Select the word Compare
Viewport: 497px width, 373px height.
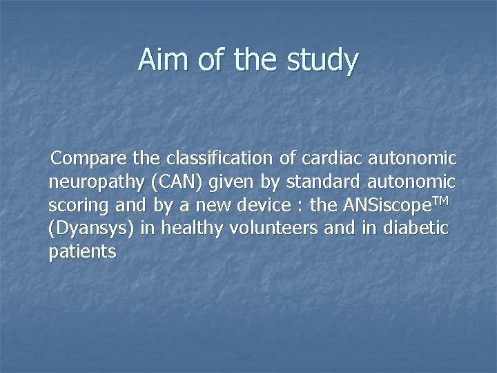tap(90, 159)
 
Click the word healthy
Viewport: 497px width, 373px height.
tap(184, 229)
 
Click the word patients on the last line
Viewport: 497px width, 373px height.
tap(83, 252)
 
